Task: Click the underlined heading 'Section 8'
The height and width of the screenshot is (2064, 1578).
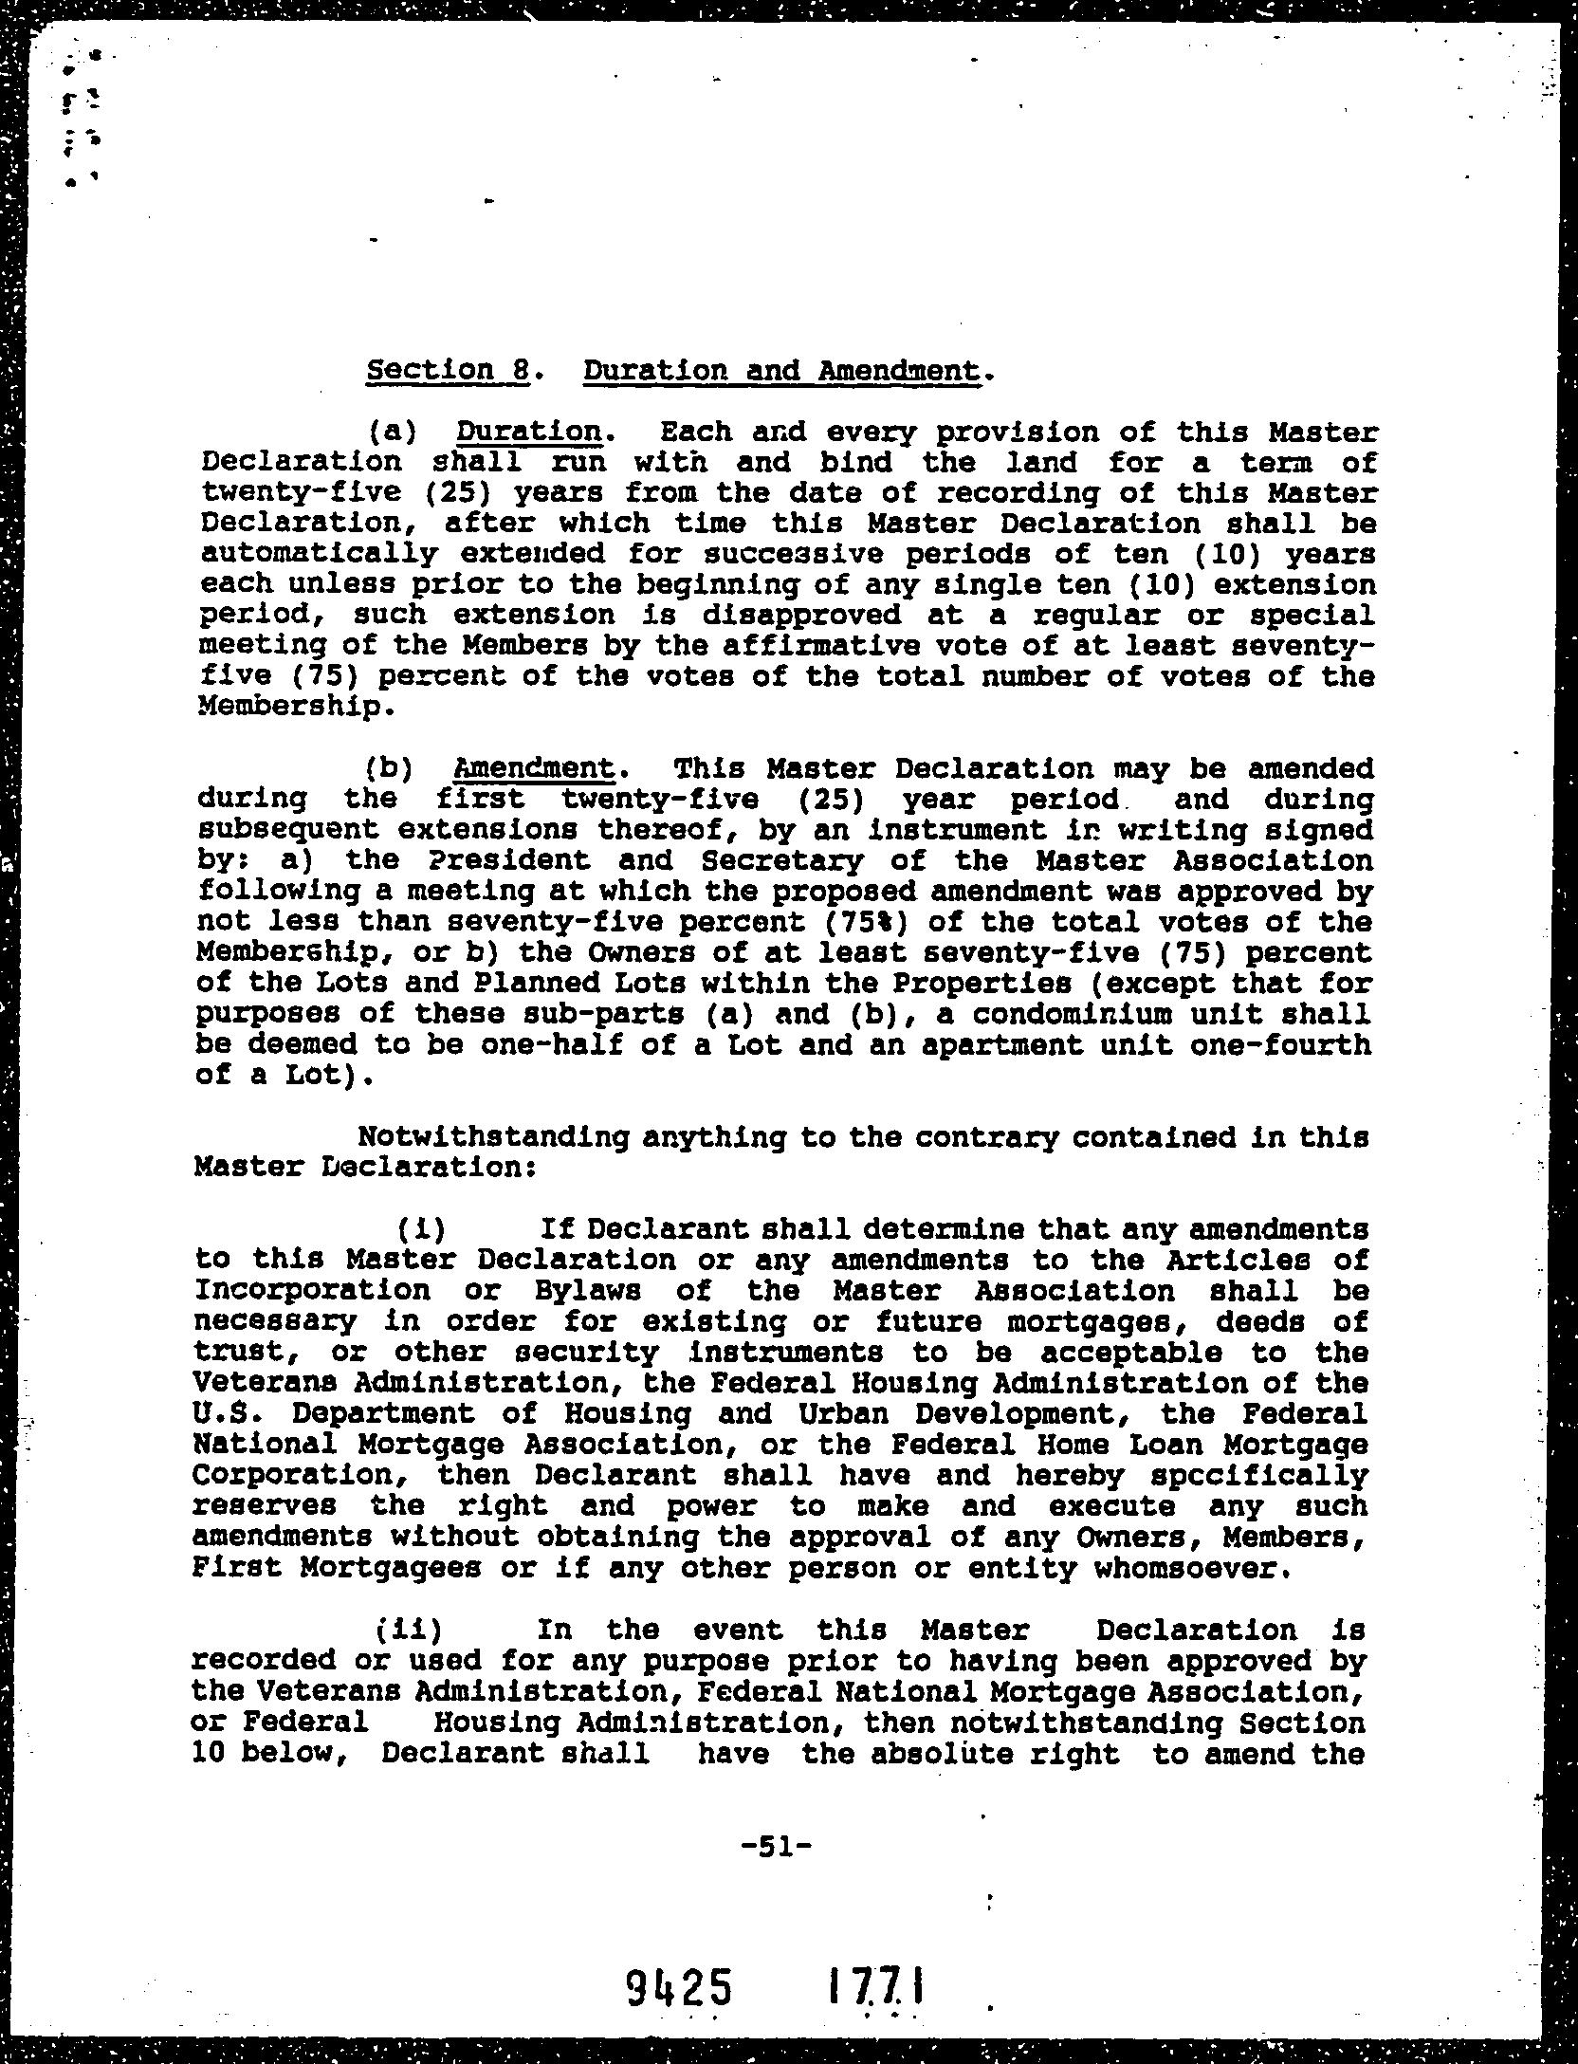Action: (x=447, y=369)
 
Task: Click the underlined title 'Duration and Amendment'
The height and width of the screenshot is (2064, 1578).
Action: (x=780, y=369)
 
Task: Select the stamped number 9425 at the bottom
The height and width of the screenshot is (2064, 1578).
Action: (x=680, y=1985)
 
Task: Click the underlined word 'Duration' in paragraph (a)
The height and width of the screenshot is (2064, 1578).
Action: (x=529, y=432)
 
